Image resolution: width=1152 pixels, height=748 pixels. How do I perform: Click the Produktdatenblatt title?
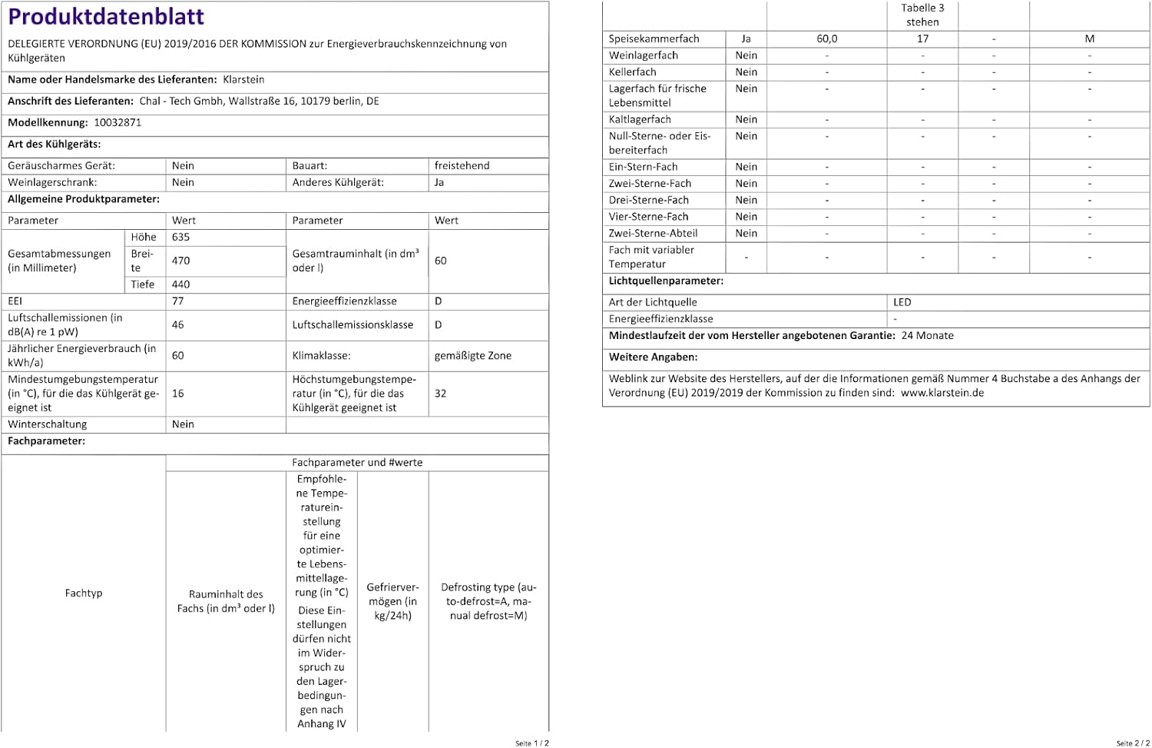coord(106,17)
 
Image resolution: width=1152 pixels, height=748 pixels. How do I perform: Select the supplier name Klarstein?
coord(243,79)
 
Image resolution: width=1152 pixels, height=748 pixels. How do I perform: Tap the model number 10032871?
coord(118,122)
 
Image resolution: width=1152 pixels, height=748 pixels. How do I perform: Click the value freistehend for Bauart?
coord(462,165)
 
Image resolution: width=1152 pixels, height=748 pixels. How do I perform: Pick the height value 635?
coord(181,237)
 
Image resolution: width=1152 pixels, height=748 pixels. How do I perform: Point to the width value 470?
coord(181,261)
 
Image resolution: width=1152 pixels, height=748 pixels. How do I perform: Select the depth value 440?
coord(181,284)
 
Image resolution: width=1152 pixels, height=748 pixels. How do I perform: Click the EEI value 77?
coord(178,301)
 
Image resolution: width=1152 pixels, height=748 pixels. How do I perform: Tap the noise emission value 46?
coord(178,324)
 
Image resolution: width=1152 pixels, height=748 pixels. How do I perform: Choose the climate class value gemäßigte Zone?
coord(472,355)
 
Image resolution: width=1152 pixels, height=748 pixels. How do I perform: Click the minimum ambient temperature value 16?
coord(178,393)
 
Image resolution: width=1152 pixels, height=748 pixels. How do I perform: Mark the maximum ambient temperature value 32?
coord(440,393)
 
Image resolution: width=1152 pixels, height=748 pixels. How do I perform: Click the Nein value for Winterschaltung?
coord(183,424)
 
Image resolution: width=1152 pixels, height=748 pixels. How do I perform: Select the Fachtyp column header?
coord(84,593)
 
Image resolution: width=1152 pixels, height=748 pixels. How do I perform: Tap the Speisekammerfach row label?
coord(654,38)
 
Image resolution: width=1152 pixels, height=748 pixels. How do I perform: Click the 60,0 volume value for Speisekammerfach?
coord(827,38)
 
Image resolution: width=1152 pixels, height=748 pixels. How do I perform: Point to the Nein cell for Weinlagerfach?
coord(746,55)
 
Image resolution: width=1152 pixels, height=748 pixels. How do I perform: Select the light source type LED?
coord(902,302)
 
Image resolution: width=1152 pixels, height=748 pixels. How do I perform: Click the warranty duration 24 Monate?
coord(927,335)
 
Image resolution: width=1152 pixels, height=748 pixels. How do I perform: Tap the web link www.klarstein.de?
coord(942,393)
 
